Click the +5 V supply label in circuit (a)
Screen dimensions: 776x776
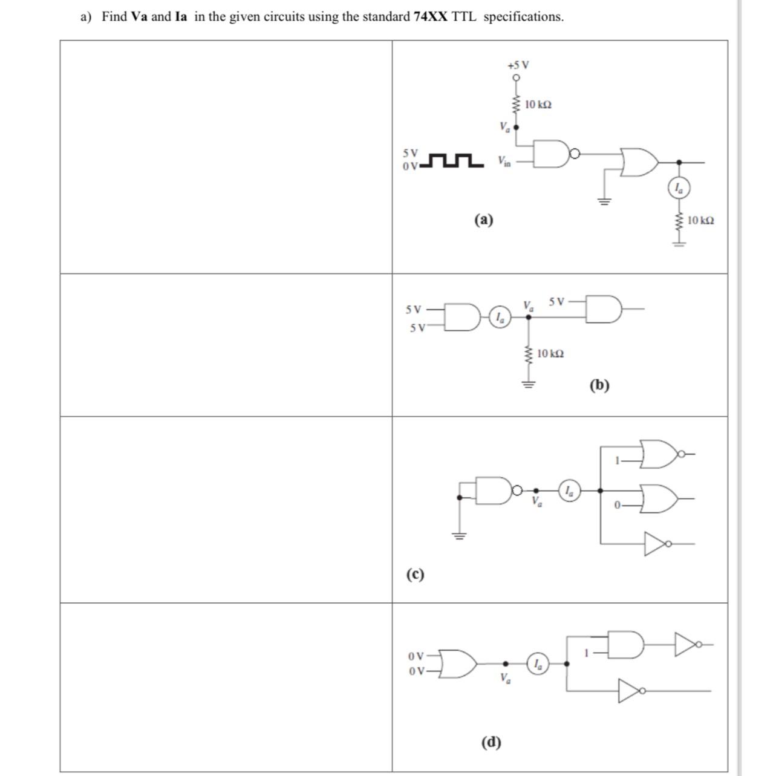pyautogui.click(x=518, y=65)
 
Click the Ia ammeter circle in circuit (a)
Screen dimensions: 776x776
pyautogui.click(x=679, y=189)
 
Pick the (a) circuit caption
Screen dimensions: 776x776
pyautogui.click(x=483, y=219)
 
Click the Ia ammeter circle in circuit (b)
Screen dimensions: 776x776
pyautogui.click(x=500, y=317)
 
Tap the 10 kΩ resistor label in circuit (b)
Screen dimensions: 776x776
pyautogui.click(x=550, y=353)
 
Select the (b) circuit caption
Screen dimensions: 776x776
pyautogui.click(x=599, y=385)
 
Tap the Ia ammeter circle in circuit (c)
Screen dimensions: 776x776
pyautogui.click(x=569, y=490)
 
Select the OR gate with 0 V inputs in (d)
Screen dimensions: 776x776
pyautogui.click(x=458, y=664)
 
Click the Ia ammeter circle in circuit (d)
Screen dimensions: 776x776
pyautogui.click(x=538, y=664)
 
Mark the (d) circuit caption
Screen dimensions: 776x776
pyautogui.click(x=491, y=742)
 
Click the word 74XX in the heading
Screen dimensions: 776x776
pyautogui.click(x=430, y=16)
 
